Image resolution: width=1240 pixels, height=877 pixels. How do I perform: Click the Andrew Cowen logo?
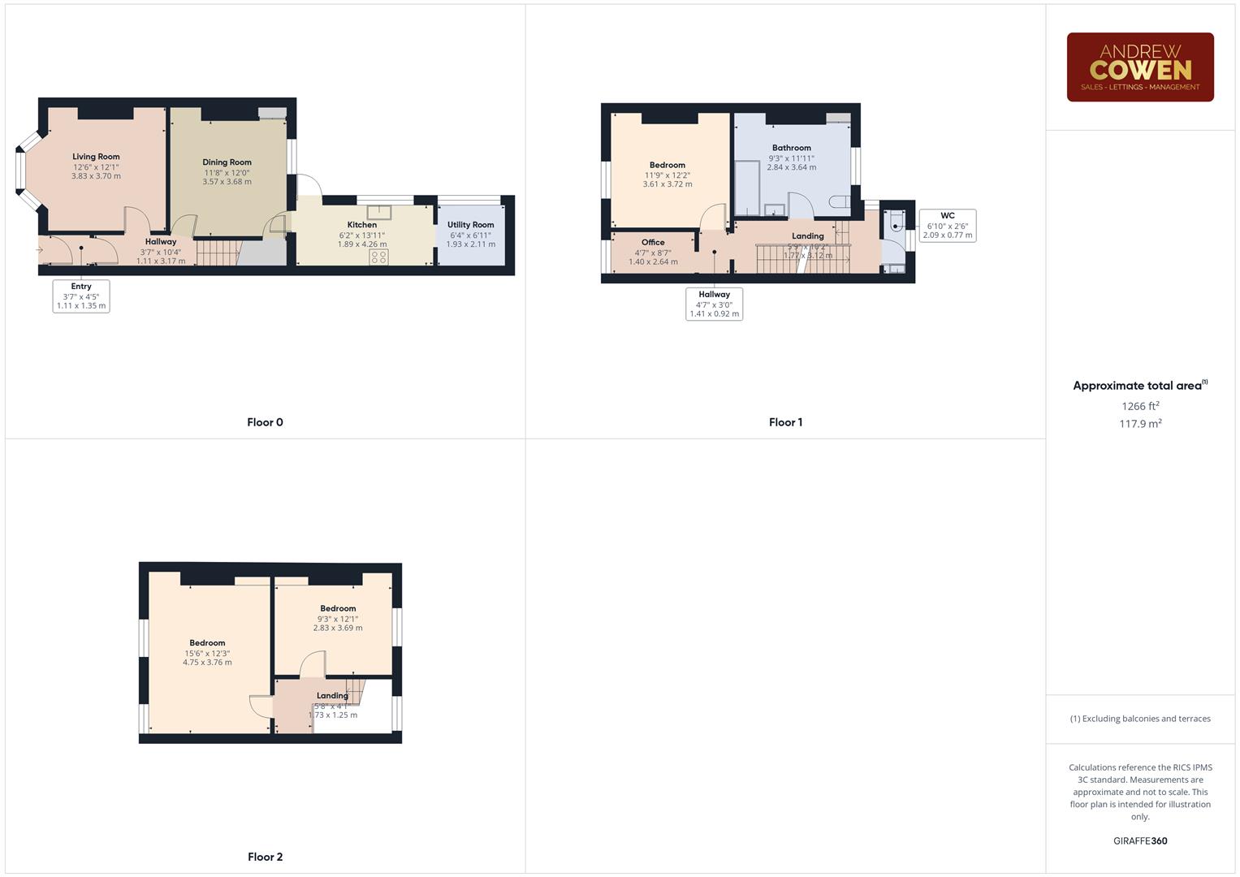[x=1139, y=67]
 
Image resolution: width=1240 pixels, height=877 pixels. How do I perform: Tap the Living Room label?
[x=96, y=157]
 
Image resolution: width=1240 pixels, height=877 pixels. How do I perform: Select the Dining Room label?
[x=227, y=162]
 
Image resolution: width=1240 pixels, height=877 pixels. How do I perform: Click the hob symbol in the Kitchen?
[x=378, y=257]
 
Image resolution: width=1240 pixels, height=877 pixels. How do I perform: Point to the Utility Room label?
[x=470, y=225]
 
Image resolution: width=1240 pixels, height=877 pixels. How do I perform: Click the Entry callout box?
[x=81, y=296]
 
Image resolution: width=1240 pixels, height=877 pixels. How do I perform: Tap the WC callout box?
[x=947, y=226]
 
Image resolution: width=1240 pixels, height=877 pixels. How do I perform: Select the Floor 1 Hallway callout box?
[x=714, y=305]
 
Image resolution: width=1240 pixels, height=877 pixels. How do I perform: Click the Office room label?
[x=653, y=242]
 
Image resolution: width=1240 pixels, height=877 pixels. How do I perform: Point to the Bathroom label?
[x=791, y=148]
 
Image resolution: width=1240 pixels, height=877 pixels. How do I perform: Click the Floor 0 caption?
[x=265, y=422]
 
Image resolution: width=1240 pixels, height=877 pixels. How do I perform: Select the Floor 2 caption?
[x=265, y=857]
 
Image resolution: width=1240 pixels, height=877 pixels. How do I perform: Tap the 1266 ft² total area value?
[x=1140, y=406]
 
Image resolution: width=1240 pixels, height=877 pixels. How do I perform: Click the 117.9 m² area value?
[x=1140, y=424]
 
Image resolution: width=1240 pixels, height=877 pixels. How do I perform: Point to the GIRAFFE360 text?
[x=1140, y=841]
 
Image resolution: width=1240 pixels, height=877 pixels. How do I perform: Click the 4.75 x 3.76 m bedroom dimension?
[x=207, y=663]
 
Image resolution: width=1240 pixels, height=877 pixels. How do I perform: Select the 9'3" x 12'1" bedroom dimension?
[x=338, y=619]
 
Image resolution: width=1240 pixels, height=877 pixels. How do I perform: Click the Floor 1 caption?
[x=785, y=422]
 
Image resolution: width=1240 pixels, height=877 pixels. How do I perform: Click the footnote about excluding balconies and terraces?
[x=1140, y=719]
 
